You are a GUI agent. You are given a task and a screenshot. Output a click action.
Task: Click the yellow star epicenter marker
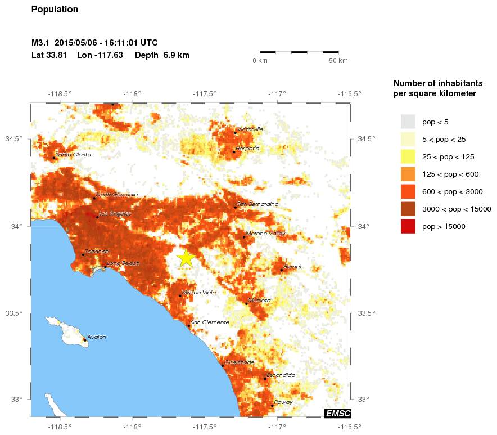[186, 258]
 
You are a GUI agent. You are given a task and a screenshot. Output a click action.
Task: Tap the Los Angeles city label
[115, 214]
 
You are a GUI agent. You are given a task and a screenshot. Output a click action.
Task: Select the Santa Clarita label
[74, 154]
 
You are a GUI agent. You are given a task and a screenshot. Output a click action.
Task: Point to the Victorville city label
[250, 129]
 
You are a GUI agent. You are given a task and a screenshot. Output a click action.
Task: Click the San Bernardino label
[258, 204]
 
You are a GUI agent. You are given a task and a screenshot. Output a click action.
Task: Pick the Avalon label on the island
[96, 337]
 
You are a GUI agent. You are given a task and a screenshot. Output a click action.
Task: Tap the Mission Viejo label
[199, 293]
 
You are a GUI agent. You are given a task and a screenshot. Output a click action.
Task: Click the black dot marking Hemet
[282, 270]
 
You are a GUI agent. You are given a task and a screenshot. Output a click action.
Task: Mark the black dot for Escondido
[265, 379]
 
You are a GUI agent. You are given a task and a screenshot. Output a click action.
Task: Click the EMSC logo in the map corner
[337, 414]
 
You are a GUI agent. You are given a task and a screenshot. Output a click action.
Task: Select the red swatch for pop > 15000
[408, 226]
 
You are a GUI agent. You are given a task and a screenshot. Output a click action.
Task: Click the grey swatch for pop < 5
[408, 122]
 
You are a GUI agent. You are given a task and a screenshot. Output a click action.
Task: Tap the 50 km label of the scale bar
[338, 60]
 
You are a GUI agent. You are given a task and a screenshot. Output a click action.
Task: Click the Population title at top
[55, 10]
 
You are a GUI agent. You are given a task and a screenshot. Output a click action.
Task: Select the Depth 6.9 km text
[162, 55]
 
